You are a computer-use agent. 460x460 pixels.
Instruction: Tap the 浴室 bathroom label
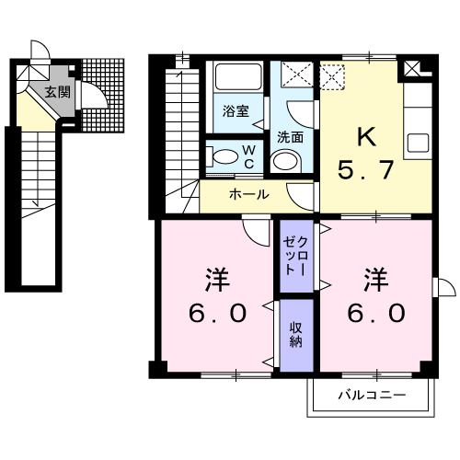(x=236, y=111)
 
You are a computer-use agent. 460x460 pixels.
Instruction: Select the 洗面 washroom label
(x=292, y=137)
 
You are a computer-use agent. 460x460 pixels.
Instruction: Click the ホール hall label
(x=249, y=195)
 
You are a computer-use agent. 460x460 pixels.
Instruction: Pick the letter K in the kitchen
(x=366, y=138)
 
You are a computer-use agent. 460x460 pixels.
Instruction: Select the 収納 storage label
(x=296, y=334)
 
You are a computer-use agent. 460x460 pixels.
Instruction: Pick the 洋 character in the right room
(x=374, y=276)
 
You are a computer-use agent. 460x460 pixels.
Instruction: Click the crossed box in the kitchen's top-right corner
(x=410, y=67)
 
